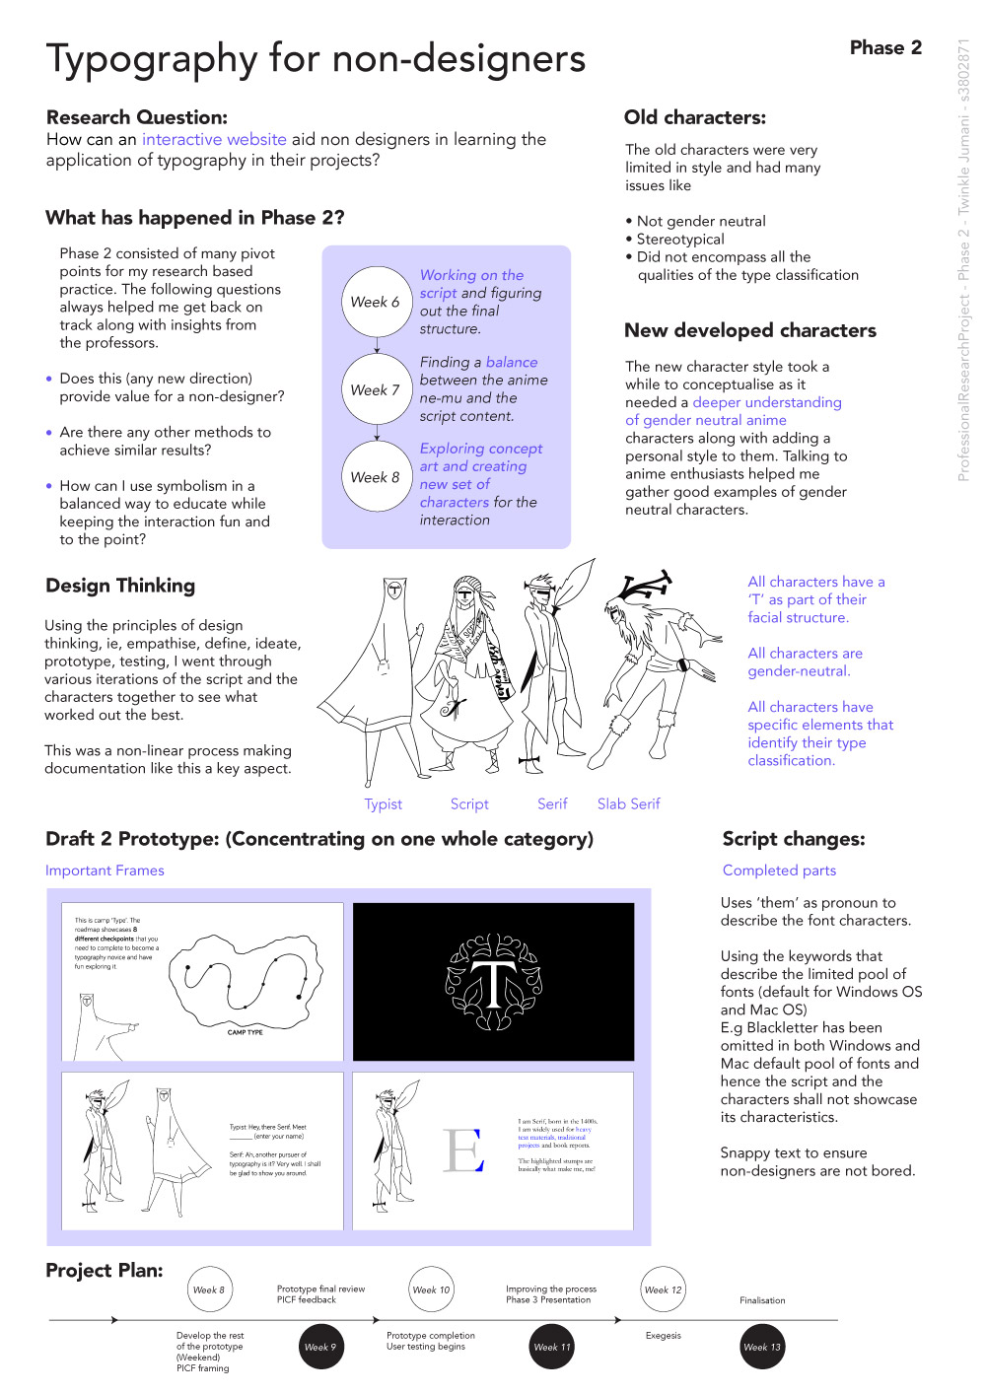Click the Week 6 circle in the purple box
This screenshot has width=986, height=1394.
pyautogui.click(x=376, y=302)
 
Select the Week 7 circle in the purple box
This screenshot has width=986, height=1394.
pyautogui.click(x=376, y=389)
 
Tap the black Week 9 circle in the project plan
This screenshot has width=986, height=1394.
pyautogui.click(x=320, y=1347)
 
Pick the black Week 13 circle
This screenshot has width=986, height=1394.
pyautogui.click(x=762, y=1347)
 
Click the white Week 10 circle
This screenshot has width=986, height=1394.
pyautogui.click(x=431, y=1289)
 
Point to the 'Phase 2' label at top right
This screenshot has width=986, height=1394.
pyautogui.click(x=885, y=47)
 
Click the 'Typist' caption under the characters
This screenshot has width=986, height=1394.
pyautogui.click(x=384, y=803)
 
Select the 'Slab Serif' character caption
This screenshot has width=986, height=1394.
pyautogui.click(x=628, y=803)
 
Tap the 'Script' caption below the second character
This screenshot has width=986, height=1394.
pyautogui.click(x=469, y=803)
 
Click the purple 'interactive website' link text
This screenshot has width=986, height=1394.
pyautogui.click(x=214, y=139)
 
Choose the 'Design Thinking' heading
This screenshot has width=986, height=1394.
pyautogui.click(x=120, y=585)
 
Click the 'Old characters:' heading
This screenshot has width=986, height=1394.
pyautogui.click(x=694, y=117)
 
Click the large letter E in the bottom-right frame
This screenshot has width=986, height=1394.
pyautogui.click(x=463, y=1150)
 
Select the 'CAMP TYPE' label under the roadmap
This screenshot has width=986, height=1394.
pyautogui.click(x=246, y=1032)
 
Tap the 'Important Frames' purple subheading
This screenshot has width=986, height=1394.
pyautogui.click(x=105, y=870)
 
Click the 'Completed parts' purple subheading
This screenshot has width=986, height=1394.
pyautogui.click(x=779, y=870)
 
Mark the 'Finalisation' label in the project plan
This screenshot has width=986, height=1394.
pyautogui.click(x=762, y=1300)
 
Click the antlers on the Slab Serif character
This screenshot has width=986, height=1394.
pyautogui.click(x=643, y=585)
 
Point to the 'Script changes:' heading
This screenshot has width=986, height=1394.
pyautogui.click(x=793, y=838)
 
